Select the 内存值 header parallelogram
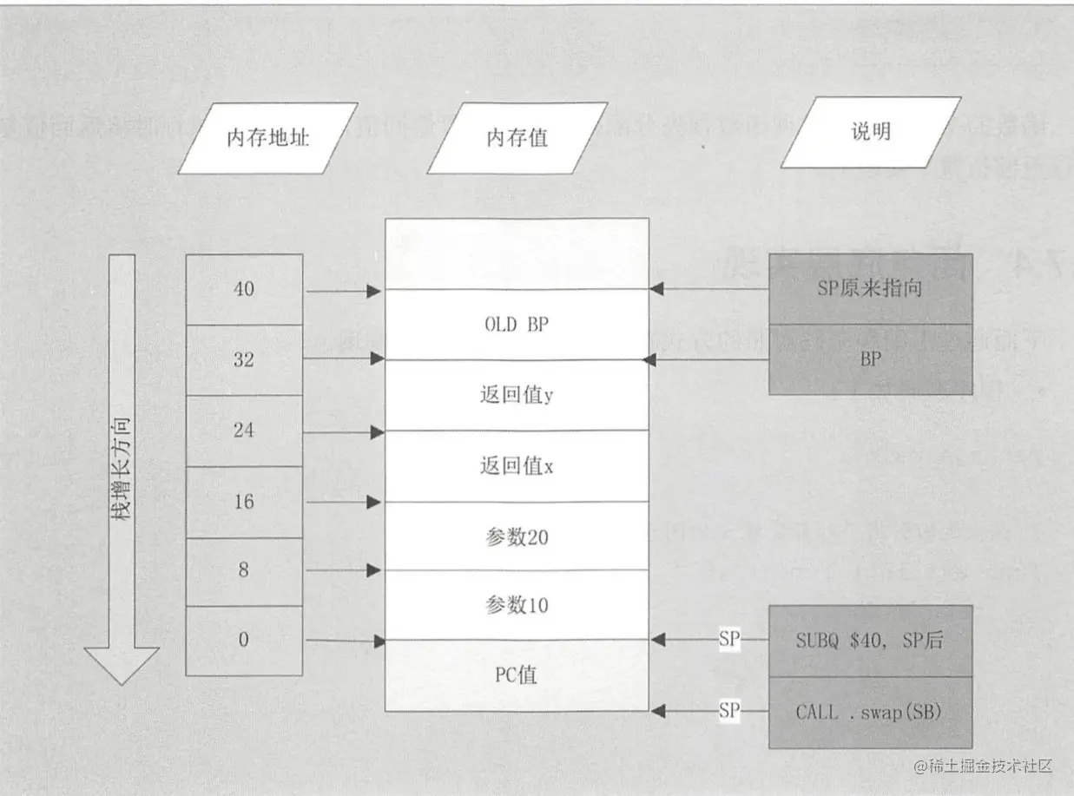pos(517,138)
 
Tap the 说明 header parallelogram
pos(870,132)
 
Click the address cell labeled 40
pos(244,289)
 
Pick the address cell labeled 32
pos(244,359)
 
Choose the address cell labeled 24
pos(244,430)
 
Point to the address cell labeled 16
pos(244,501)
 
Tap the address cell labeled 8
pos(244,570)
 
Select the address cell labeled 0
pos(244,640)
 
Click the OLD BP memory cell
pos(517,325)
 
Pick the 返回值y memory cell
pos(517,395)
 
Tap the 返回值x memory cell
pos(517,466)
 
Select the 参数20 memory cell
pos(517,536)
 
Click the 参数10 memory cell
pos(517,605)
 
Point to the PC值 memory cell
pos(517,674)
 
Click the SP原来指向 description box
pos(870,289)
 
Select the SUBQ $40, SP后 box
pos(870,641)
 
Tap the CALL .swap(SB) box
pos(870,712)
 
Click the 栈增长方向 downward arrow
pos(122,469)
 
